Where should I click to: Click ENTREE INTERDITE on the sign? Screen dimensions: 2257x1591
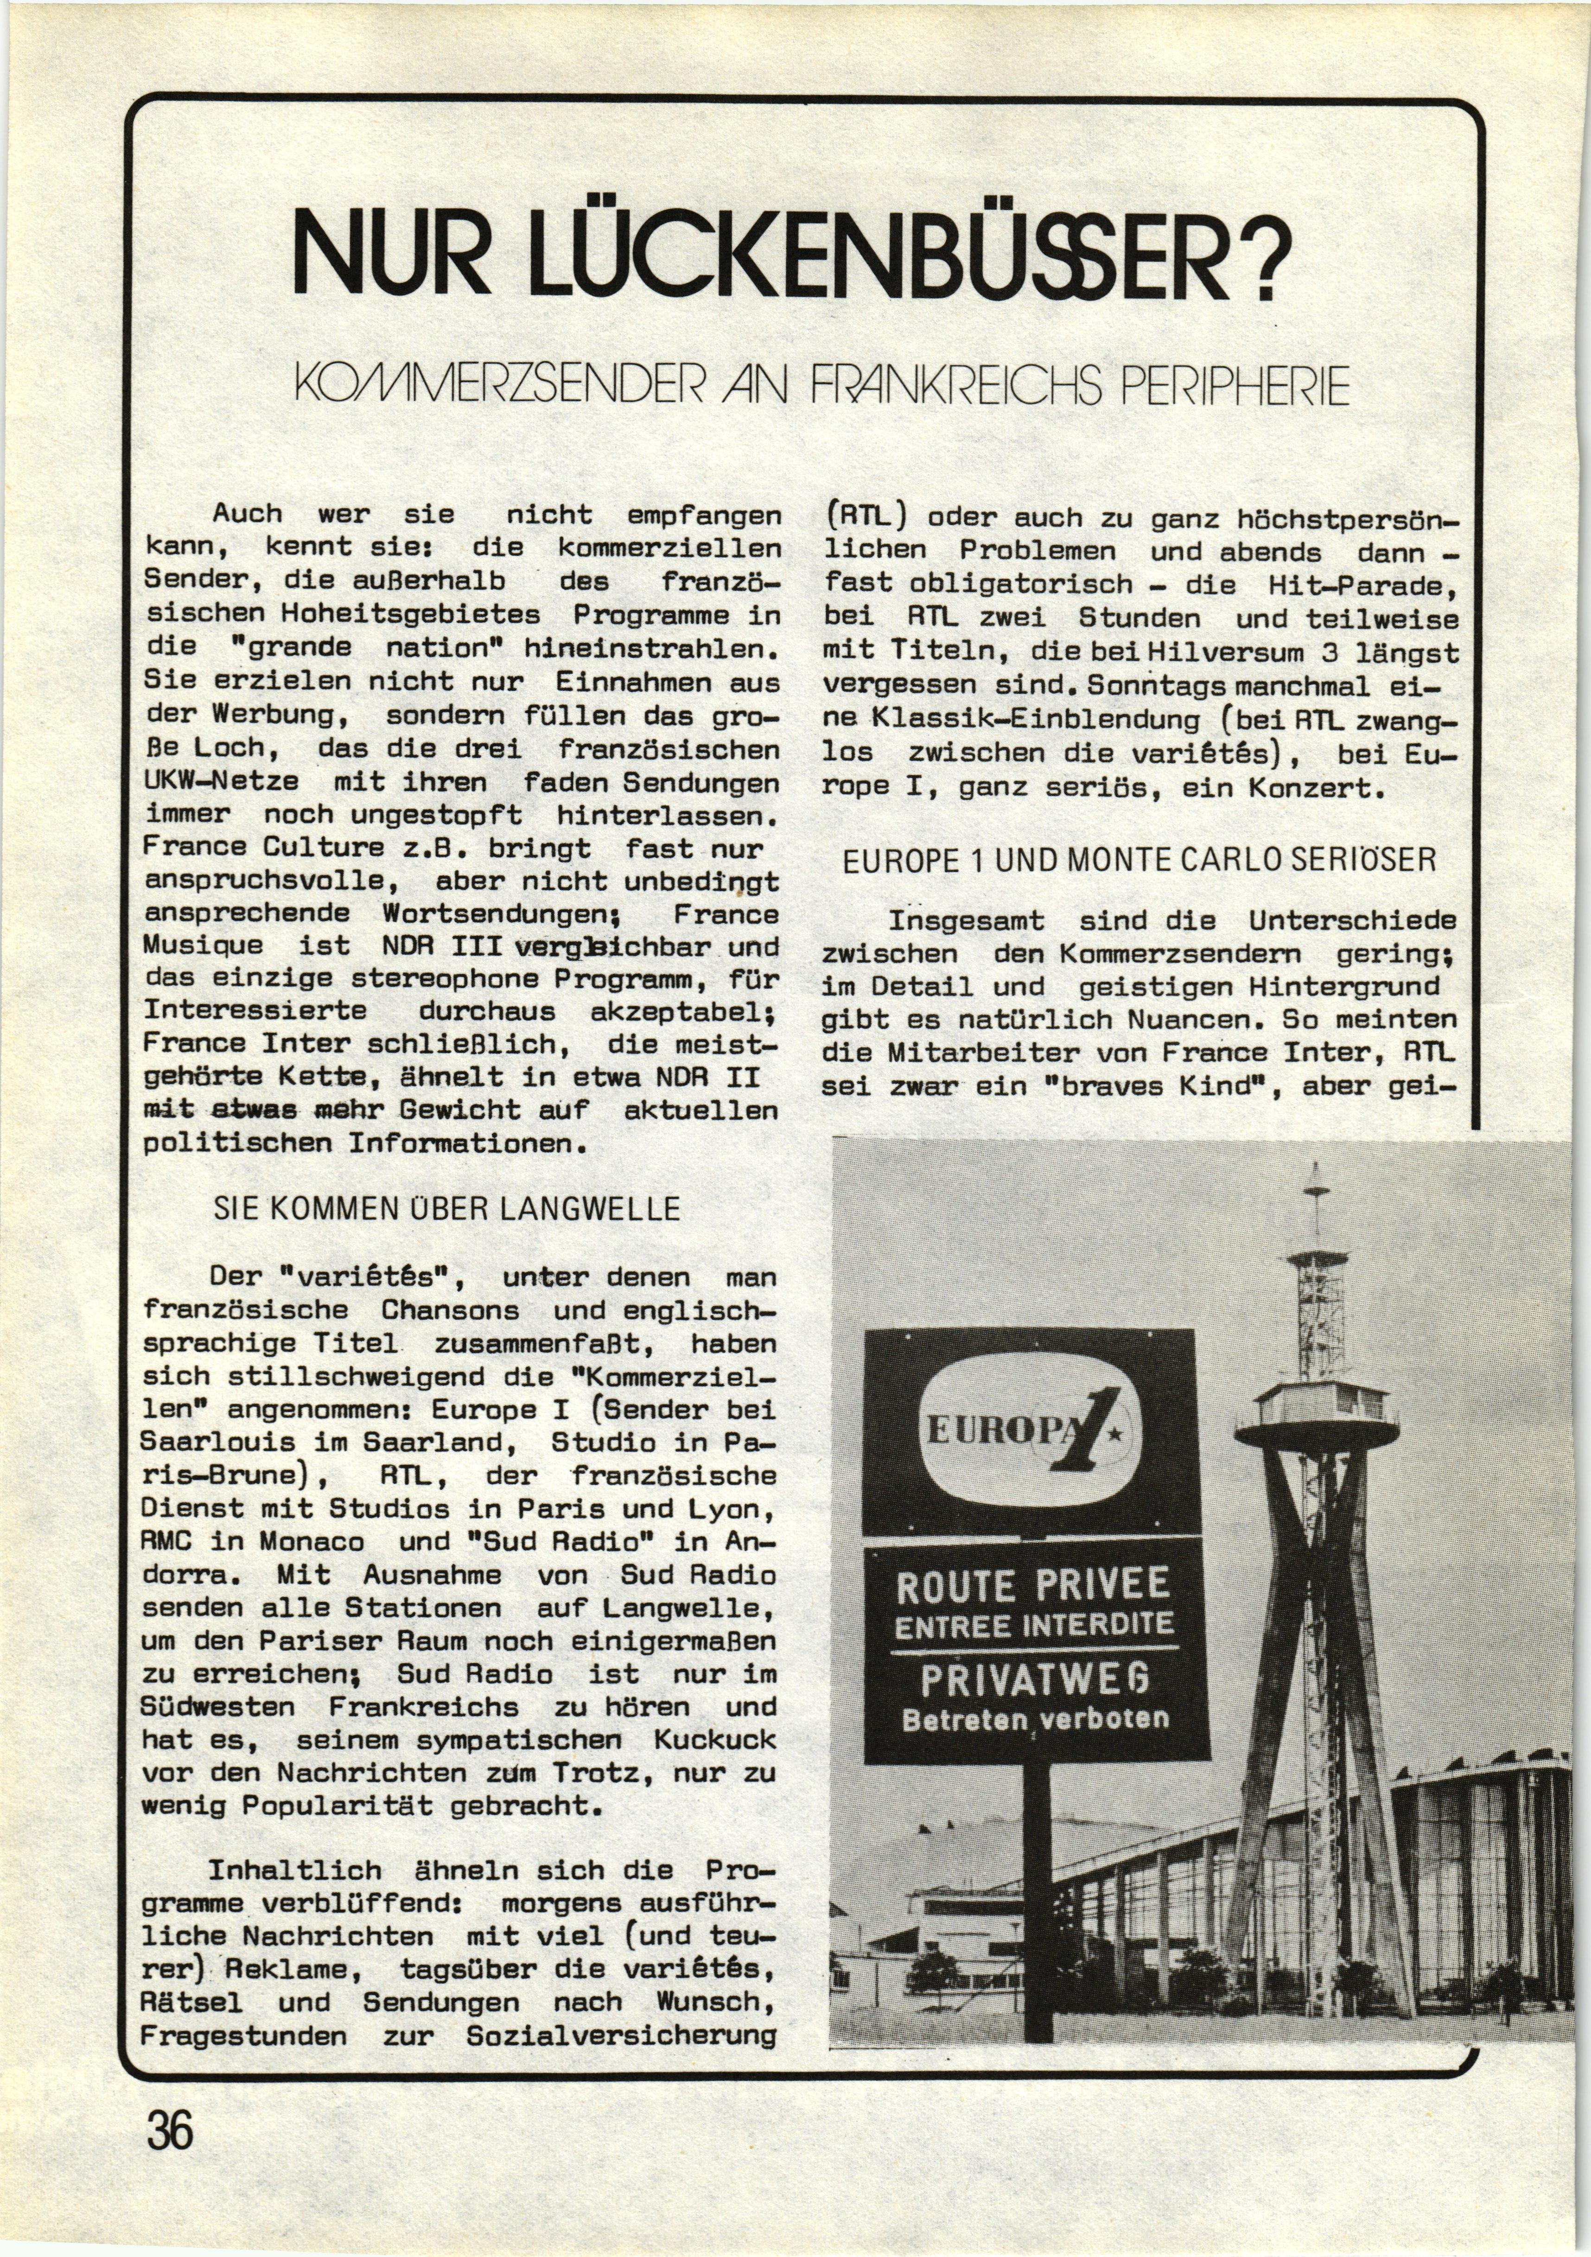1034,1625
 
